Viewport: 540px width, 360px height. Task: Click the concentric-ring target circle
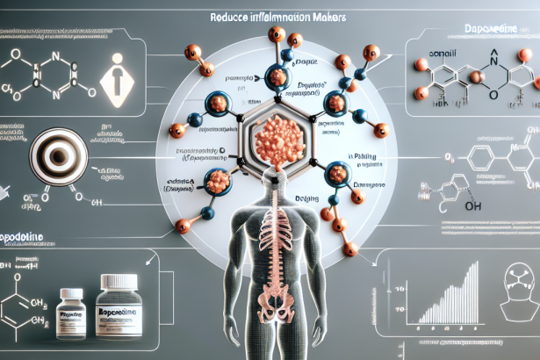[x=58, y=159]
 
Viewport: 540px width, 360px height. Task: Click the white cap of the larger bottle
[x=118, y=280]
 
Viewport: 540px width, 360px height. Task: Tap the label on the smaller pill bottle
[x=72, y=316]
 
